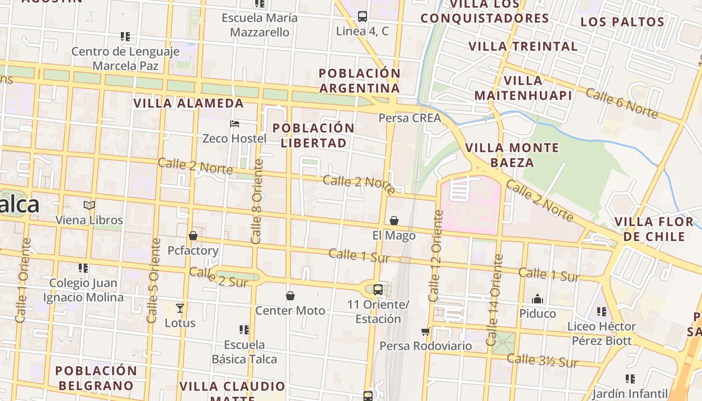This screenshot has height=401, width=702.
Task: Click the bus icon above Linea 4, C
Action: pos(363,17)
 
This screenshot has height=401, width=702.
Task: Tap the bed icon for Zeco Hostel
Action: pos(234,123)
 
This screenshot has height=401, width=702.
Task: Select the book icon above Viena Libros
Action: pos(89,205)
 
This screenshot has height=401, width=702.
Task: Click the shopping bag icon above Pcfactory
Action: pos(193,236)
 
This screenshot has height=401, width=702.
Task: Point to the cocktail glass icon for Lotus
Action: pos(180,308)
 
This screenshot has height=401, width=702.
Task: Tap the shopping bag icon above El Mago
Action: pos(394,221)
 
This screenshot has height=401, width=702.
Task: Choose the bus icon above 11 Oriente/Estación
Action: pos(378,290)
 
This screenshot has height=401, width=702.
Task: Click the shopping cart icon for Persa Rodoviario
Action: pos(425,331)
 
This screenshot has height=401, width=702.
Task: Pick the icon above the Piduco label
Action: pos(538,299)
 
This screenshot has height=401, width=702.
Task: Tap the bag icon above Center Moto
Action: pos(290,296)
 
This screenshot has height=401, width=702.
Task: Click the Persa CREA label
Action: pos(410,118)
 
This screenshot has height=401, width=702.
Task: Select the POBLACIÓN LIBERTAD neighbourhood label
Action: pos(313,135)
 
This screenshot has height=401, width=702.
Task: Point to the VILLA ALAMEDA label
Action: pos(189,103)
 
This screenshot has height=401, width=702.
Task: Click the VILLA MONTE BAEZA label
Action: pos(512,155)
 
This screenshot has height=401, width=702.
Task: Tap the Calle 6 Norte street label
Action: pos(621,104)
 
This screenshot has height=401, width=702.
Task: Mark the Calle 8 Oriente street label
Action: pos(257,202)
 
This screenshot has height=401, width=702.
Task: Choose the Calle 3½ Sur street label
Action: pos(542,360)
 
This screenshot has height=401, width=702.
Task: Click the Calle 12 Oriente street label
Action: pos(435,256)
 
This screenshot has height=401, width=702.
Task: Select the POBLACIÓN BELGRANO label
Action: pos(95,378)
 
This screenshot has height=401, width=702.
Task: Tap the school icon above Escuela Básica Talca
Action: pos(244,330)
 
